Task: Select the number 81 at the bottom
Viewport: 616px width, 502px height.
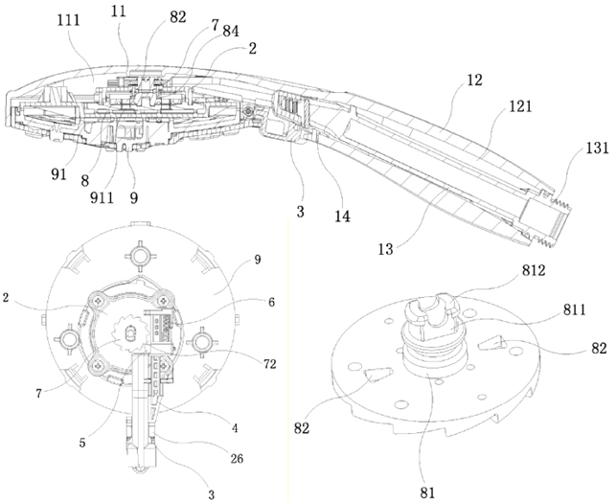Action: click(x=425, y=491)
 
